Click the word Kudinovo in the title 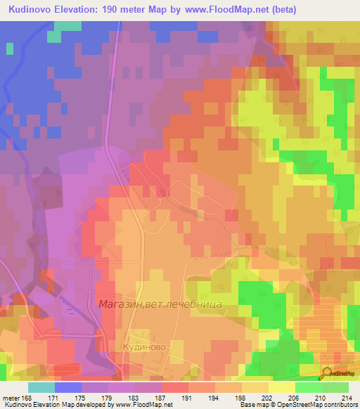34,10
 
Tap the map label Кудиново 141,347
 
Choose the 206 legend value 294,398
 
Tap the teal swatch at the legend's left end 41,387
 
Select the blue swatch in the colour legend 68,387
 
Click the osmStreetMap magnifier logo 327,374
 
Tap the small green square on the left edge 9,48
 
